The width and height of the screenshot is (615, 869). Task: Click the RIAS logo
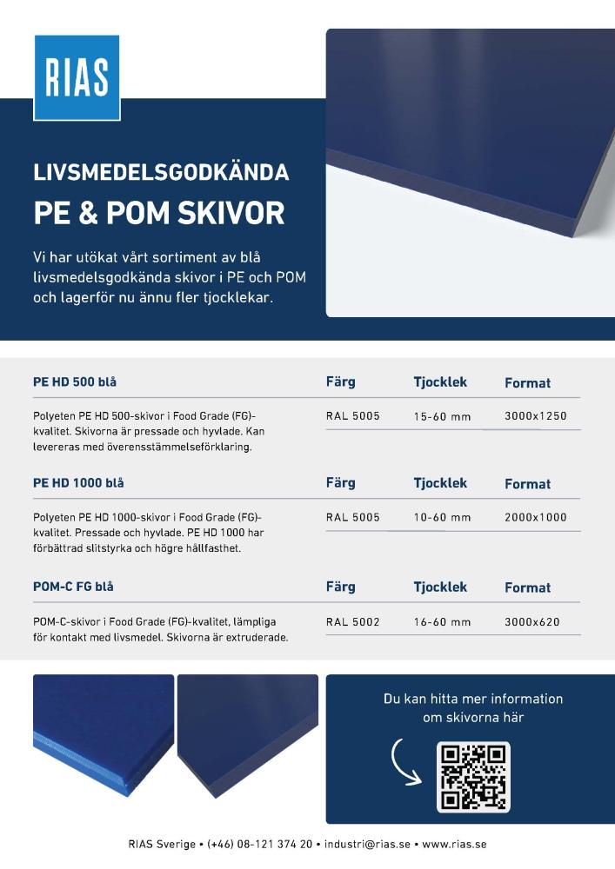click(x=77, y=77)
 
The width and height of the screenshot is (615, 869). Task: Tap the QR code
click(x=472, y=777)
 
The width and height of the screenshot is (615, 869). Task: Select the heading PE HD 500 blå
click(x=75, y=381)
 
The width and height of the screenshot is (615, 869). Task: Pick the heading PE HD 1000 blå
click(x=77, y=482)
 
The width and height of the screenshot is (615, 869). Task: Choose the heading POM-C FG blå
click(x=73, y=587)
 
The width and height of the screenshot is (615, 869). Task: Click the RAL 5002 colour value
click(x=352, y=622)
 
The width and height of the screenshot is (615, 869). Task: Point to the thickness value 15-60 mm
click(x=442, y=416)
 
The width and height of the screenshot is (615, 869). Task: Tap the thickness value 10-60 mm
click(x=442, y=517)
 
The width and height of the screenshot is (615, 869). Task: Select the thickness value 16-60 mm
click(x=442, y=622)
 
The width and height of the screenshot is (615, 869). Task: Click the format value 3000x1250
click(x=535, y=416)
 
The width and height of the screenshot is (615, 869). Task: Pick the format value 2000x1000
click(x=535, y=517)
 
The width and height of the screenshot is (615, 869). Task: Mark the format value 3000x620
click(x=531, y=622)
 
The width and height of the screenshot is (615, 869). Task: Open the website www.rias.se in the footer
click(x=454, y=844)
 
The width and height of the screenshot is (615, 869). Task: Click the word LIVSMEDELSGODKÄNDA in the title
click(x=161, y=172)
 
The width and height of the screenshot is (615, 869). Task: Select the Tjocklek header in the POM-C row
click(x=440, y=587)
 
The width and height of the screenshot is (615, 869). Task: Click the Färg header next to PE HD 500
click(x=340, y=381)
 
